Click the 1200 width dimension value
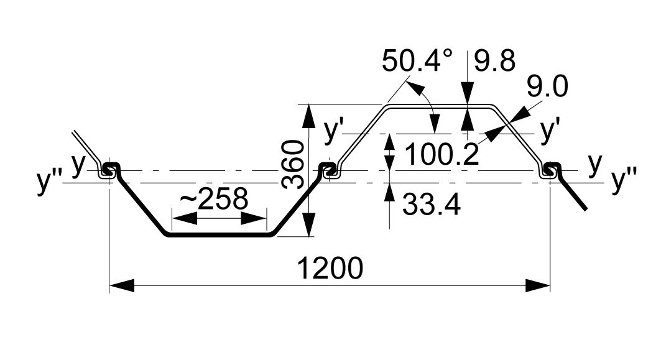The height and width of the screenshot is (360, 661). [330, 268]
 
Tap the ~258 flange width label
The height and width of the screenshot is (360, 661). [214, 200]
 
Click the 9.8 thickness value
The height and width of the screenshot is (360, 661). [495, 62]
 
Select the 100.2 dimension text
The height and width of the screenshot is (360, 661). [442, 154]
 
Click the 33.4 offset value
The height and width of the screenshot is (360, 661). [432, 203]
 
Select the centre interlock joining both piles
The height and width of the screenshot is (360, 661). [329, 169]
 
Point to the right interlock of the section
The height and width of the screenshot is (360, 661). [550, 170]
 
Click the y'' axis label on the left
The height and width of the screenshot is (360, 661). [48, 183]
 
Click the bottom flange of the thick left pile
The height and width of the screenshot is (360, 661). [218, 234]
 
